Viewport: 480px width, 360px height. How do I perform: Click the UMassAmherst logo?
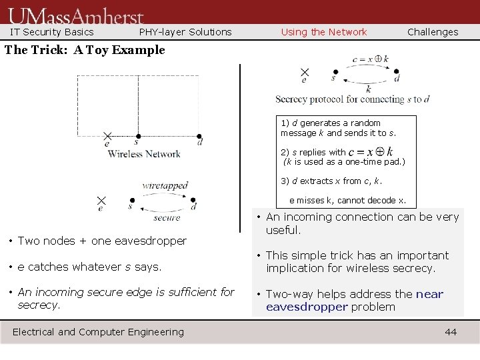coord(77,15)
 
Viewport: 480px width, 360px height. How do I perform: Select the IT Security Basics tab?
coord(52,32)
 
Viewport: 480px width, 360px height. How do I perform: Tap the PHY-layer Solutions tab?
coord(185,32)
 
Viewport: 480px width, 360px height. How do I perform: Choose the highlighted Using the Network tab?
coord(324,32)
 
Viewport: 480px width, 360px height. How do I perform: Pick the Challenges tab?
coord(433,32)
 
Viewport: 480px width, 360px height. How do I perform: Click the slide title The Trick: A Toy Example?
coord(85,50)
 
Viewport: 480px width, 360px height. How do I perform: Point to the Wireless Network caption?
coord(144,154)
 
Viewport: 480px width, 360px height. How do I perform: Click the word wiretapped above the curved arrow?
coord(165,185)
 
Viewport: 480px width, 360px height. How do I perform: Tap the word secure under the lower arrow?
coord(167,217)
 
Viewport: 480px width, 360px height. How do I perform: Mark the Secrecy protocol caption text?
coord(352,99)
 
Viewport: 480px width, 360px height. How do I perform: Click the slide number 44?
coord(451,332)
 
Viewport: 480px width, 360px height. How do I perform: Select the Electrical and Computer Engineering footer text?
coord(99,332)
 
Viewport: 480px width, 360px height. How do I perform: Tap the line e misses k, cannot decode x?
coord(347,200)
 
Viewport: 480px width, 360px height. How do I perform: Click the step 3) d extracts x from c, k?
coord(331,181)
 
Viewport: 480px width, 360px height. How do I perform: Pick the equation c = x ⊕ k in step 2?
coord(370,152)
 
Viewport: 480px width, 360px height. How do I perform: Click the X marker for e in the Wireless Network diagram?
coord(107,136)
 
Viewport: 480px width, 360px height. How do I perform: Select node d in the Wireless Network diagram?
coord(199,136)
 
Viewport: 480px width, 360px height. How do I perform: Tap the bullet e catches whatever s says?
coord(89,267)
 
